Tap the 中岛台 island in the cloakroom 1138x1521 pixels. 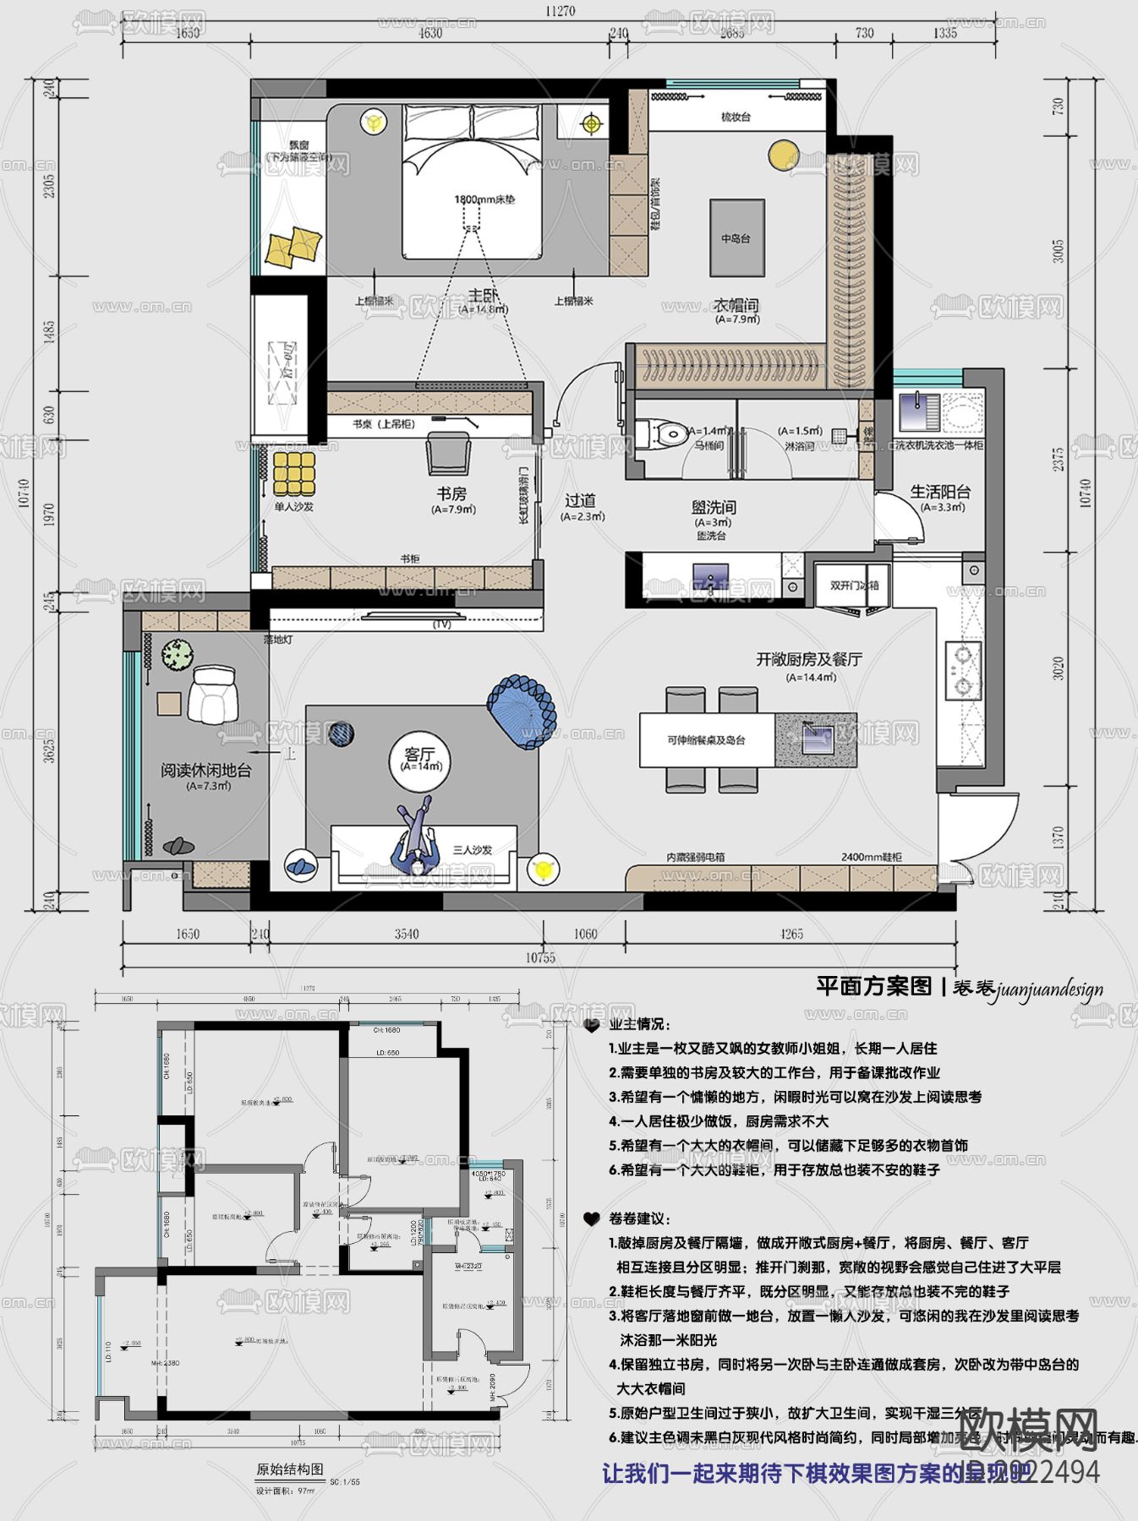(736, 238)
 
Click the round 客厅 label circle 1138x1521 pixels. (420, 760)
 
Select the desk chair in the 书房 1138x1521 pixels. (449, 454)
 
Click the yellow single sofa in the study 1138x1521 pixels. (293, 474)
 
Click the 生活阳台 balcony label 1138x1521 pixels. (940, 492)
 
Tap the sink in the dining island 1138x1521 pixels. (817, 738)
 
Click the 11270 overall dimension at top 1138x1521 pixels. (560, 11)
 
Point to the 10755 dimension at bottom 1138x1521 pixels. (540, 957)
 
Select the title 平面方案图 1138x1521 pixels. (873, 986)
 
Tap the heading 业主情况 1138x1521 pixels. (639, 1025)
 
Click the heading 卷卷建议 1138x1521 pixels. (639, 1219)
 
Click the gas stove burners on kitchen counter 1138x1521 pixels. (962, 670)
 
